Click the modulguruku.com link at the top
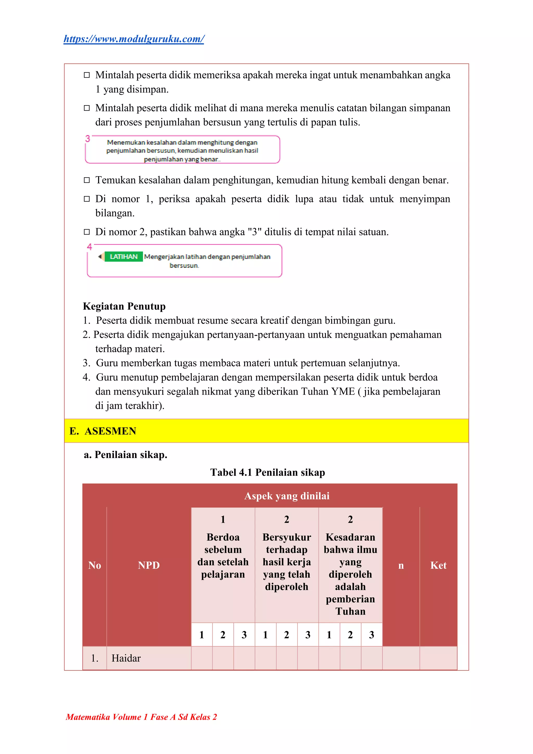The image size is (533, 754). click(134, 39)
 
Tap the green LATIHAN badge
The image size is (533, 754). click(123, 256)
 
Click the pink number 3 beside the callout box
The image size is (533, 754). click(88, 138)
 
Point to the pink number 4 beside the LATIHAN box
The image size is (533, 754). click(89, 247)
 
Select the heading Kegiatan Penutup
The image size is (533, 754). click(124, 306)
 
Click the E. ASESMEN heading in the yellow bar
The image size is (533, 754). click(103, 431)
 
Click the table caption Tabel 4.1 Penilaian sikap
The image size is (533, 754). click(268, 472)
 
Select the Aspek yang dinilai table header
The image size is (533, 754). click(287, 496)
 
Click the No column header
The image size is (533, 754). click(94, 565)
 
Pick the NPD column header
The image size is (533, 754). click(149, 565)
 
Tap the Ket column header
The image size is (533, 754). click(439, 565)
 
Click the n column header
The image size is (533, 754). click(401, 565)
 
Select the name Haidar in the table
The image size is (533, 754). click(126, 658)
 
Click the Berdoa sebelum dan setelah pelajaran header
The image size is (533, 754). click(223, 556)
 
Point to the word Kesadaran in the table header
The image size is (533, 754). click(350, 537)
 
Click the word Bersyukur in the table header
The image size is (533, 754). click(287, 537)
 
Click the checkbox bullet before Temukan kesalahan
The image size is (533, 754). click(87, 180)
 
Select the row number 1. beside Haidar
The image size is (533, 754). click(94, 658)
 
